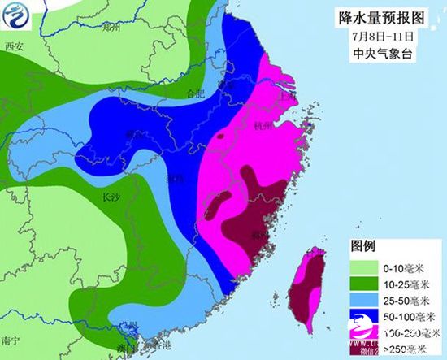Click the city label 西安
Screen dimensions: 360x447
coord(14,46)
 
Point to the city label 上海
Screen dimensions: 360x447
coord(286,94)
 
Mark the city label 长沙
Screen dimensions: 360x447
coord(110,197)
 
